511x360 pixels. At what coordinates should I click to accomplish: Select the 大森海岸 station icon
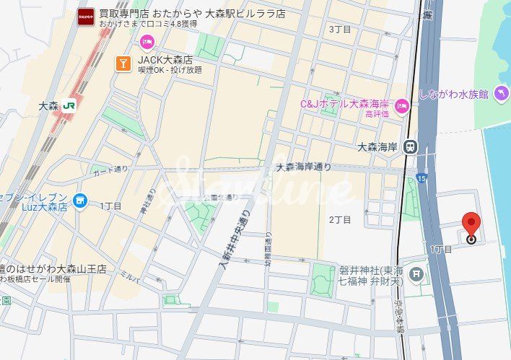coord(410,146)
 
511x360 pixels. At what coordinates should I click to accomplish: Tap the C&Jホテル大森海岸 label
coord(344,104)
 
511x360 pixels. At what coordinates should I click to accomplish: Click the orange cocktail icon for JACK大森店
coord(123,63)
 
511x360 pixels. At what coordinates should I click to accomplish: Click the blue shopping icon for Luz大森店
coord(80,201)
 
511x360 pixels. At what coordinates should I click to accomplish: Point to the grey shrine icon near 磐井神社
coord(416,274)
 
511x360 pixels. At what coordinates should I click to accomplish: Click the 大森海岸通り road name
coord(304,167)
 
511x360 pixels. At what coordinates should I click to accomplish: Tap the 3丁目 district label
coord(339,30)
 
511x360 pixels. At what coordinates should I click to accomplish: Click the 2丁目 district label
coord(340,219)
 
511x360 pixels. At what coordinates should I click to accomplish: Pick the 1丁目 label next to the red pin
coord(441,249)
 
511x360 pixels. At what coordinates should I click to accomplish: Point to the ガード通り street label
coord(110,170)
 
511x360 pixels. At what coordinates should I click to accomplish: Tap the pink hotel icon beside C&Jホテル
coord(402,107)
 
